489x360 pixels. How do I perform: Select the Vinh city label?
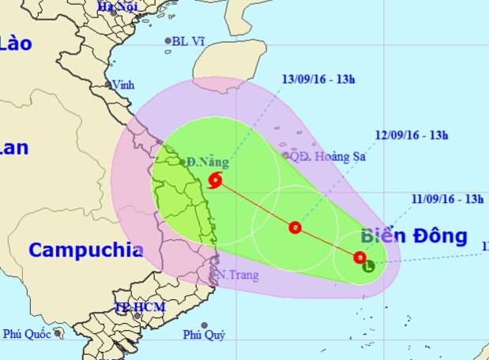click(123, 84)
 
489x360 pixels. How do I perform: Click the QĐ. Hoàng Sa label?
click(322, 156)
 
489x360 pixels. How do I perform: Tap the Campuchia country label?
click(86, 250)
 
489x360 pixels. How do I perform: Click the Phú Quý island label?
click(205, 336)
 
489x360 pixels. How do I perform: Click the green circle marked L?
click(369, 267)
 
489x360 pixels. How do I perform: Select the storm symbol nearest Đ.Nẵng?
click(216, 182)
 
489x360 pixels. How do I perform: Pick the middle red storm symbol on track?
click(295, 228)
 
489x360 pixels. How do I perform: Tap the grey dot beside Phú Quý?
click(205, 324)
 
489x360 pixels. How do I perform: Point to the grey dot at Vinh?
click(108, 84)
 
